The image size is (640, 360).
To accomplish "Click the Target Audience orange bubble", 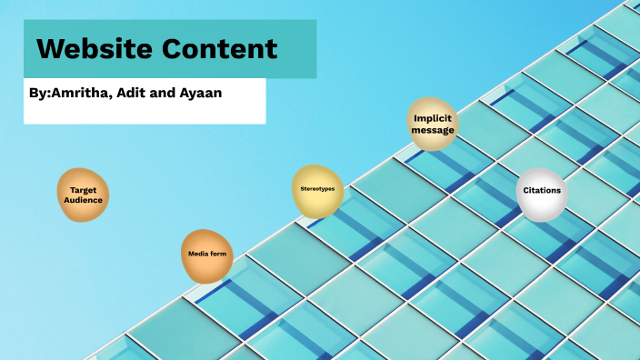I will click(83, 195).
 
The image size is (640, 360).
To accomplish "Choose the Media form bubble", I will click(207, 255).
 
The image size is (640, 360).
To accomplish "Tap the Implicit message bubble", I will click(432, 124).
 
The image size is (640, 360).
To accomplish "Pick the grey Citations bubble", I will click(542, 192).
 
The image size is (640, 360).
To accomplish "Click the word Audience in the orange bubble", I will click(83, 200).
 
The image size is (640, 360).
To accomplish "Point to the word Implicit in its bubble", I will click(432, 118).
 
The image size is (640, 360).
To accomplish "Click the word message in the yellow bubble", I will click(432, 130).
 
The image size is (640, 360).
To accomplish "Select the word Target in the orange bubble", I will click(83, 189).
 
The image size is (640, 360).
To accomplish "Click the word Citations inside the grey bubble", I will click(542, 191).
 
